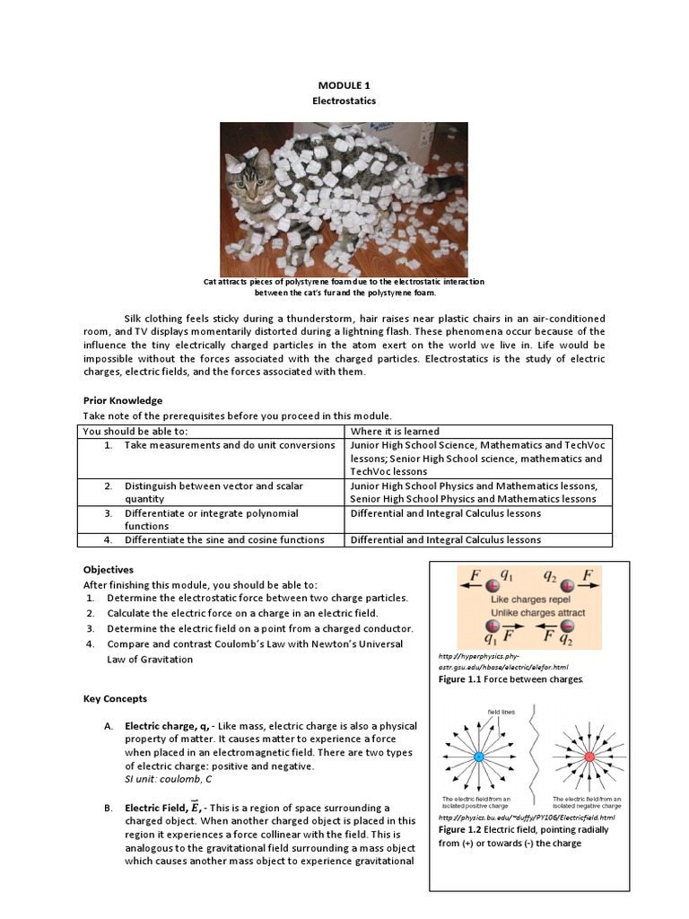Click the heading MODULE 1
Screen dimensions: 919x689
pos(344,85)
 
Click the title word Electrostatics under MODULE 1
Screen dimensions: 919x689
pos(344,101)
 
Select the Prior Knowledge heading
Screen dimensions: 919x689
pos(123,400)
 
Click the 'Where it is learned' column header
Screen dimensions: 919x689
pos(395,431)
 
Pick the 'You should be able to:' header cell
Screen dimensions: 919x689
pos(135,431)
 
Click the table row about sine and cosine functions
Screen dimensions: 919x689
pos(224,539)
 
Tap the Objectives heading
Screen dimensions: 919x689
pos(109,569)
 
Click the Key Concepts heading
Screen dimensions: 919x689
pos(115,698)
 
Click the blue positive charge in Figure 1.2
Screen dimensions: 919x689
pos(478,757)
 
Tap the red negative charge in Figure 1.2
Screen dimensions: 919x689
pos(589,757)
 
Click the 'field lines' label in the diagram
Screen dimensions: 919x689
pos(500,712)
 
